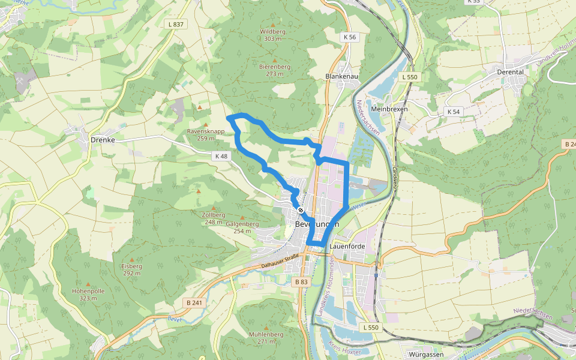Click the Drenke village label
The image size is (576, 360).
(x=102, y=139)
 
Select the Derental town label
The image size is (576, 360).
(x=511, y=71)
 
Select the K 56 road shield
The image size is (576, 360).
(x=350, y=37)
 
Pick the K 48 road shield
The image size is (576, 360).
(x=221, y=156)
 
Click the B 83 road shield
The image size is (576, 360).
(x=301, y=281)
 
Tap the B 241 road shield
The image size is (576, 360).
(x=194, y=303)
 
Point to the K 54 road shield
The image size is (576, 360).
(x=453, y=112)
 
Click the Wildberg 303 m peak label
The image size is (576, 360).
(x=272, y=35)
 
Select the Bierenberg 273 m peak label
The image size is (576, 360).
(x=275, y=70)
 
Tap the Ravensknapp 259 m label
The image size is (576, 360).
(x=206, y=134)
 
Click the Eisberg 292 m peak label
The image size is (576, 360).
(x=131, y=269)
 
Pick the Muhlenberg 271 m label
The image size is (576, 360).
(x=266, y=338)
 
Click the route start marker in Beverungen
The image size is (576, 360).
(x=300, y=209)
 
